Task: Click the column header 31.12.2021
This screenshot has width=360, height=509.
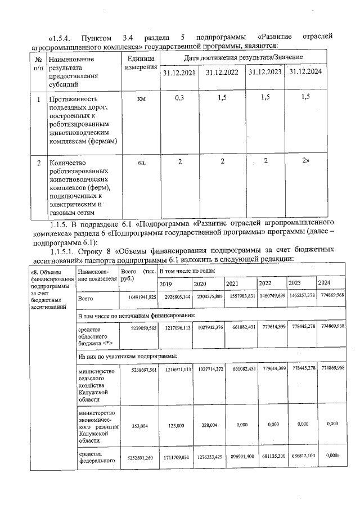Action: [x=178, y=73]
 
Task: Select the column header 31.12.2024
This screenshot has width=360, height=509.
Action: [x=305, y=72]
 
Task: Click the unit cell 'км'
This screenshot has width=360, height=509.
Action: [x=141, y=98]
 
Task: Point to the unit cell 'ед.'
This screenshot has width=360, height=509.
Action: [x=141, y=163]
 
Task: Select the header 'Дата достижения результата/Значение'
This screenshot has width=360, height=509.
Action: [x=242, y=57]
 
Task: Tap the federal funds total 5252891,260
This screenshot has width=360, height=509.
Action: [x=137, y=458]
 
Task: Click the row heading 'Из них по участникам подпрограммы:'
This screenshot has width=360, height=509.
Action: [x=127, y=356]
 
